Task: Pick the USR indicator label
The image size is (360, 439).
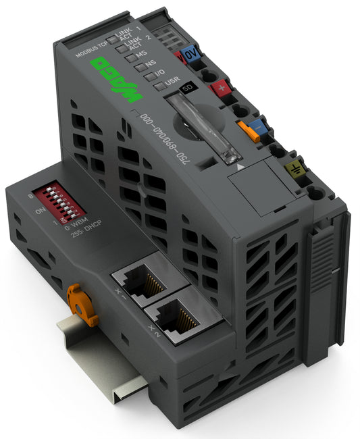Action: pos(172,82)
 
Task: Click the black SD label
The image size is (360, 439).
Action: pos(192,88)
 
